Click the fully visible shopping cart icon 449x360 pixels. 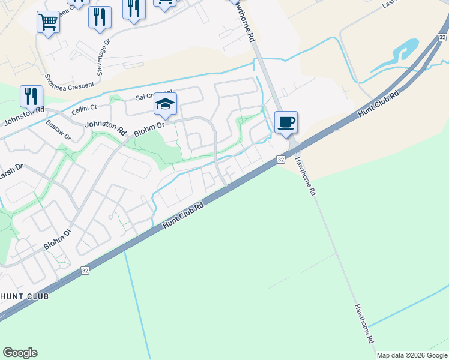[48, 23]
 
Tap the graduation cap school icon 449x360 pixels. [165, 104]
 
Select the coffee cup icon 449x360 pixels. [286, 122]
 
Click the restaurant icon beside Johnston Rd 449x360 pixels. [31, 96]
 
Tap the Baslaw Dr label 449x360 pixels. [58, 130]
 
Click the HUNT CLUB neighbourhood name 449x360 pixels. [24, 296]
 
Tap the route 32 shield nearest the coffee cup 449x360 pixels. [281, 160]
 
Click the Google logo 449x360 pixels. [20, 353]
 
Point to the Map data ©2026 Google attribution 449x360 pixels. [412, 355]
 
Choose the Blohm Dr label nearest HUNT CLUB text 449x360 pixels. [58, 238]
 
